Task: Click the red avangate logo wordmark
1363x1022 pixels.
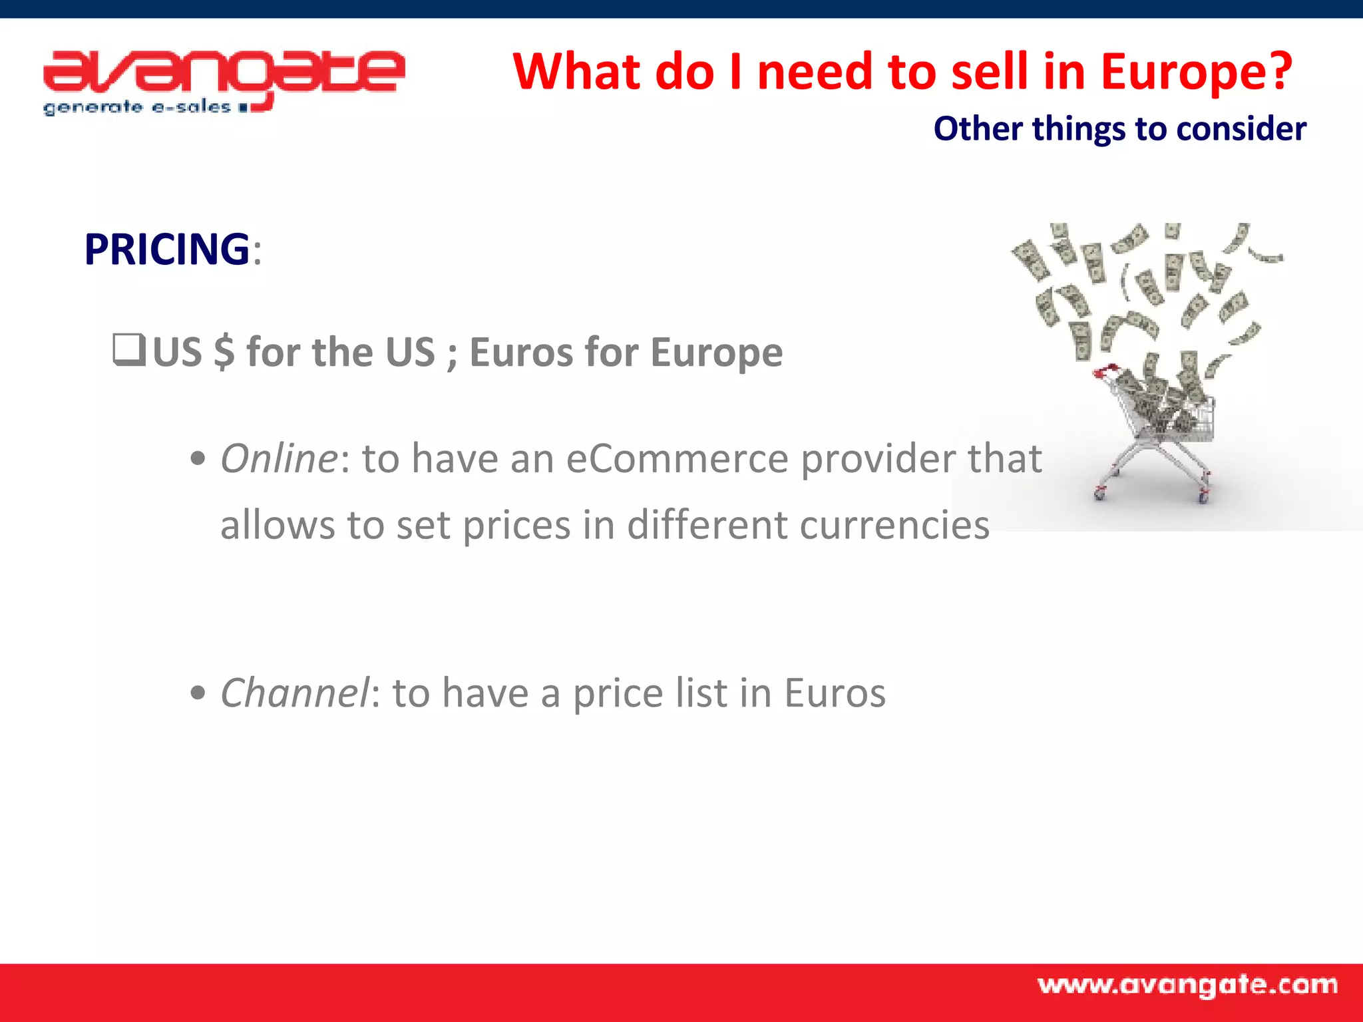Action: point(224,73)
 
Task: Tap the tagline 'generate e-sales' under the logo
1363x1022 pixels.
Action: point(136,107)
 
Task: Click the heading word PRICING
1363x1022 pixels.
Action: point(167,250)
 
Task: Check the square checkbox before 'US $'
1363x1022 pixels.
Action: point(128,350)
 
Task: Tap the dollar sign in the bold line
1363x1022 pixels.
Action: point(224,352)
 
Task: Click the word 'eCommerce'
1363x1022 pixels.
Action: point(677,458)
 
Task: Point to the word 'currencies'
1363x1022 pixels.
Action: point(894,525)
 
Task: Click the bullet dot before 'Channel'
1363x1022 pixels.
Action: point(198,693)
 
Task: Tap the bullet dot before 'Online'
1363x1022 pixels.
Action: point(198,459)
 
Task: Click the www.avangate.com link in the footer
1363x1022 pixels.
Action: point(1187,985)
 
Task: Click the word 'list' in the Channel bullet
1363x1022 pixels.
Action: point(701,693)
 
